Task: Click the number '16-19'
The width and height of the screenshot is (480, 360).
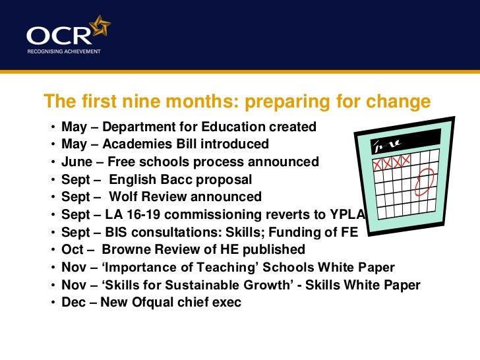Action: tap(139, 214)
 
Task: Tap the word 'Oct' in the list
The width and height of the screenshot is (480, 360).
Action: tap(73, 250)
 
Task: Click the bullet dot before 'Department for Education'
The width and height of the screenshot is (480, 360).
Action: tap(52, 127)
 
